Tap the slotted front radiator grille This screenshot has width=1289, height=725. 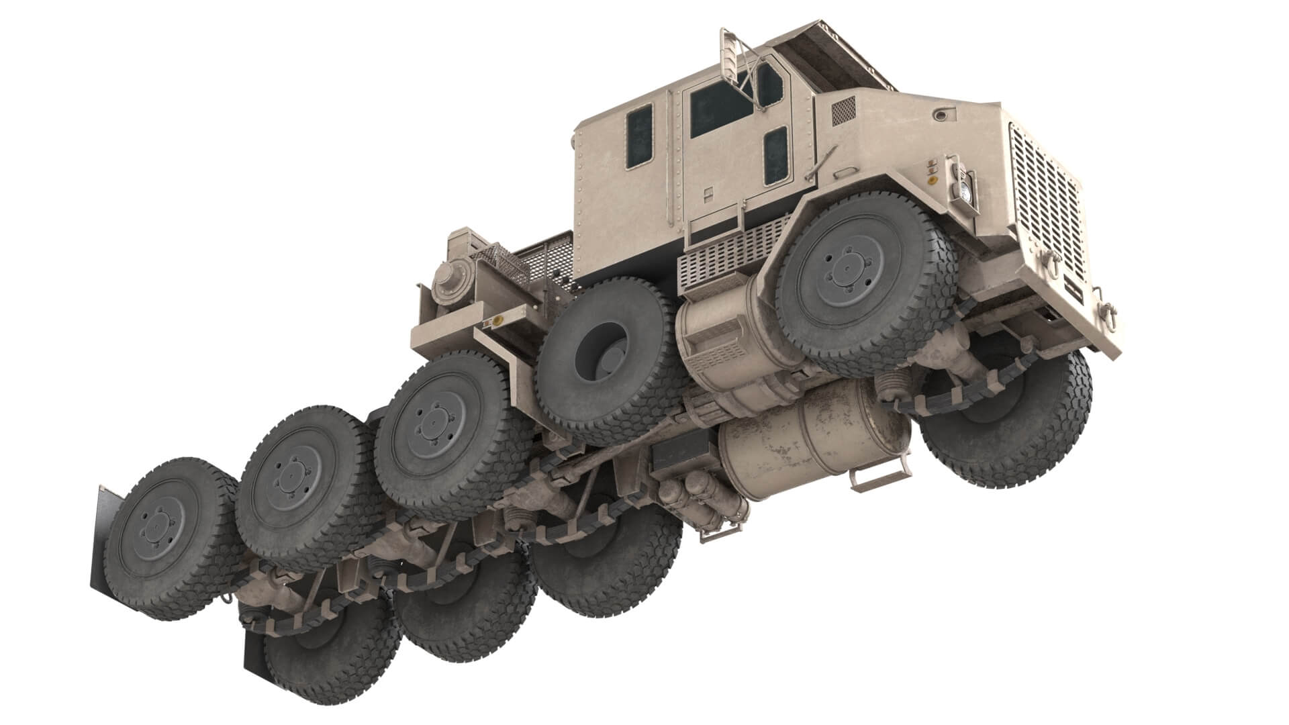[x=1045, y=201]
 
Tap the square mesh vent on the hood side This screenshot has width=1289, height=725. [x=844, y=111]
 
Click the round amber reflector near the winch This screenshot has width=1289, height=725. [x=497, y=321]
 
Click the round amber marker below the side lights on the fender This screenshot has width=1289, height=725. [x=933, y=180]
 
